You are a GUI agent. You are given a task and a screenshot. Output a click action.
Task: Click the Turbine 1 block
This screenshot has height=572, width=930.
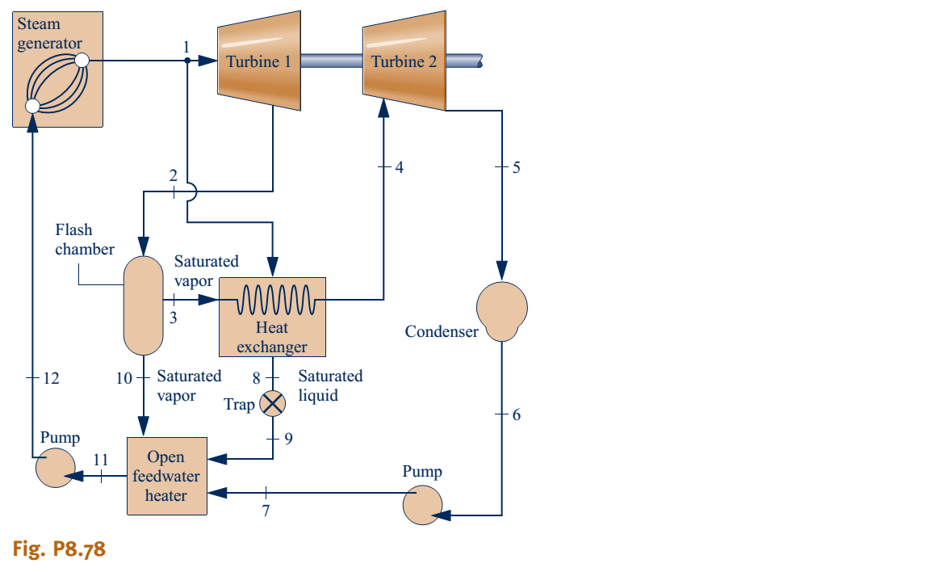[259, 61]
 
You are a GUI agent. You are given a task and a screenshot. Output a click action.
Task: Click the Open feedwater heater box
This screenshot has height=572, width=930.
[167, 476]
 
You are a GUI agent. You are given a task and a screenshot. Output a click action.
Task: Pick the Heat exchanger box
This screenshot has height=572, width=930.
[272, 317]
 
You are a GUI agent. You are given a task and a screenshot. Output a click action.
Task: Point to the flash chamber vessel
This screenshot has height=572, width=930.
[142, 305]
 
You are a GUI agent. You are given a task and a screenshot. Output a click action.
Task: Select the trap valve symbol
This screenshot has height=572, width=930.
[272, 403]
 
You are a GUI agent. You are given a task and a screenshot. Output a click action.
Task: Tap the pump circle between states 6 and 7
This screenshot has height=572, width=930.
[423, 505]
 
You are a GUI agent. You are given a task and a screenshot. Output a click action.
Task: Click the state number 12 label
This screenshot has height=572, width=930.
[51, 377]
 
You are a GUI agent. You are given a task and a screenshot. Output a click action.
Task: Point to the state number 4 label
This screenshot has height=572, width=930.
[399, 167]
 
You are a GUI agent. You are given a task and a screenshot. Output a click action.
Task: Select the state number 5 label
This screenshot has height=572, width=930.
[517, 167]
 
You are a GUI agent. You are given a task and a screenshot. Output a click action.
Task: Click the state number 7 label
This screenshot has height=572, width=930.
[266, 512]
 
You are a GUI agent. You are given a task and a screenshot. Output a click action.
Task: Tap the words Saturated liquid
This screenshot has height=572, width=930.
[330, 386]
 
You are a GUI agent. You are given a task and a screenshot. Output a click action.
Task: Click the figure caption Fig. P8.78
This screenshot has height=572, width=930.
[59, 550]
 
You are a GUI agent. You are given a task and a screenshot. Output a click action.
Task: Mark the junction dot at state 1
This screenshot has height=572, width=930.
[187, 61]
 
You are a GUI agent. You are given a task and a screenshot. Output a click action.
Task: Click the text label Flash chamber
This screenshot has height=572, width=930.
[84, 240]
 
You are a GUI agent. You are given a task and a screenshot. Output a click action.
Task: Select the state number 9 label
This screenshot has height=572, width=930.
[288, 439]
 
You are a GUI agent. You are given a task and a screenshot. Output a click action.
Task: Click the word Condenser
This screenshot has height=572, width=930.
[442, 331]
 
